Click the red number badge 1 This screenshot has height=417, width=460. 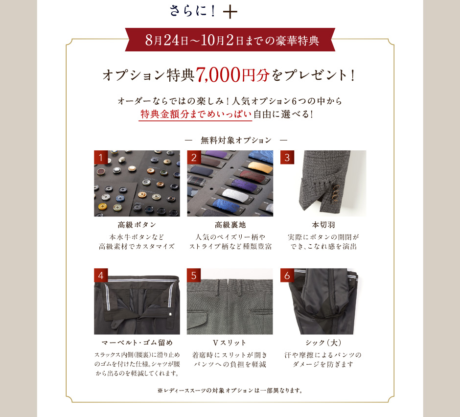pyautogui.click(x=101, y=157)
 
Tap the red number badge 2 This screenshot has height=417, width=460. pyautogui.click(x=194, y=157)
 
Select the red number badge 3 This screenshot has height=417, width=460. pyautogui.click(x=287, y=157)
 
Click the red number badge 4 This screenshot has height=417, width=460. pyautogui.click(x=101, y=275)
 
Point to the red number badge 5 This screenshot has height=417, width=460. pyautogui.click(x=194, y=275)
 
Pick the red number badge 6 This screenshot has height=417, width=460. pyautogui.click(x=287, y=275)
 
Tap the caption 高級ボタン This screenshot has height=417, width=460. pyautogui.click(x=137, y=225)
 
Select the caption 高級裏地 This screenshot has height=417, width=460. pyautogui.click(x=230, y=225)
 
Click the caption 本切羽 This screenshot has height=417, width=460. pyautogui.click(x=323, y=225)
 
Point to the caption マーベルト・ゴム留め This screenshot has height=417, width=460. pyautogui.click(x=137, y=343)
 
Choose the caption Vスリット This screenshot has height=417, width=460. pyautogui.click(x=230, y=343)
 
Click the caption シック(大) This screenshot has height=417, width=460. pyautogui.click(x=323, y=343)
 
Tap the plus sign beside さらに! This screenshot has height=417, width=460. pyautogui.click(x=230, y=12)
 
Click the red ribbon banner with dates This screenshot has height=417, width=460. pyautogui.click(x=230, y=40)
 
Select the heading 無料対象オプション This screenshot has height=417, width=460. pyautogui.click(x=236, y=140)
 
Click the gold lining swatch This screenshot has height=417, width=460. pyautogui.click(x=260, y=167)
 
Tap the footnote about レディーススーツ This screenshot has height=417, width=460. pyautogui.click(x=230, y=391)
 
